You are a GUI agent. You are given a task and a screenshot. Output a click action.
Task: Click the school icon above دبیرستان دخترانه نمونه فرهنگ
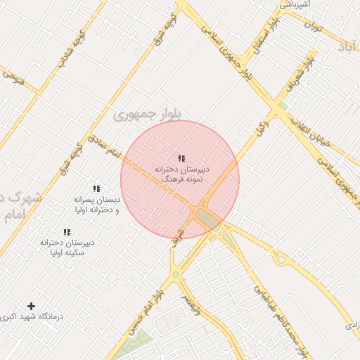pyautogui.click(x=181, y=159)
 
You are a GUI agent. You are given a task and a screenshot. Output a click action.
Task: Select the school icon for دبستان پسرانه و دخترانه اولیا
pyautogui.click(x=96, y=188)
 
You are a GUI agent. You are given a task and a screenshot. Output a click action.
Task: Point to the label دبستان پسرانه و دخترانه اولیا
pyautogui.click(x=96, y=205)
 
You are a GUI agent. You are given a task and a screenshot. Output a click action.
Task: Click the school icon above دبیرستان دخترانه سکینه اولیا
pyautogui.click(x=67, y=232)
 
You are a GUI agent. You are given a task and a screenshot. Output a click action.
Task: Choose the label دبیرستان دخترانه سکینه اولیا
pyautogui.click(x=67, y=247)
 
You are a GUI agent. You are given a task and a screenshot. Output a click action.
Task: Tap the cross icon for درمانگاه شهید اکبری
pyautogui.click(x=31, y=306)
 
